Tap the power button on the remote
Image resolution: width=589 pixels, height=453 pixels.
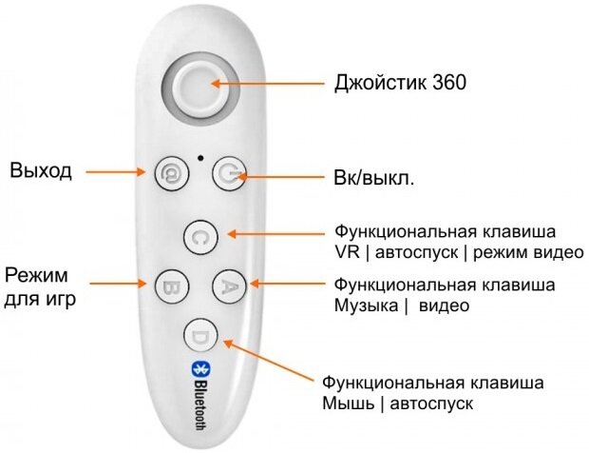(228, 173)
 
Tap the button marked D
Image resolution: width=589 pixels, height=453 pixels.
(200, 335)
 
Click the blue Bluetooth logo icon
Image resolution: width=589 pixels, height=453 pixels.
(200, 369)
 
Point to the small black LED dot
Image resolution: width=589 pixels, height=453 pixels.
(199, 156)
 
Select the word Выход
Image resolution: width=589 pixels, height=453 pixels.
(41, 171)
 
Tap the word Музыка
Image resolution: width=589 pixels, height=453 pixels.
(365, 305)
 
